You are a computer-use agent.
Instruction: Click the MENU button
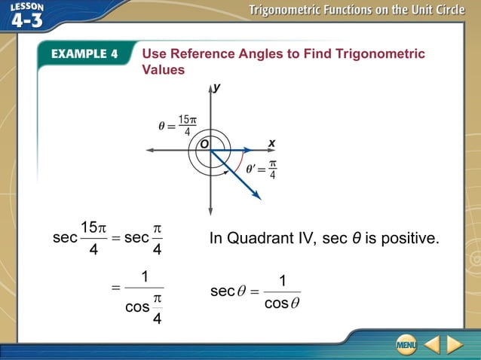point(406,345)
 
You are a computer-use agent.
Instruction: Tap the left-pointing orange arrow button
point(430,345)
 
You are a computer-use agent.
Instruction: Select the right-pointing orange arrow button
point(455,345)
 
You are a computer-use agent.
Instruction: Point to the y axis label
point(216,88)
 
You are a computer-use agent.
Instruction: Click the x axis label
point(271,142)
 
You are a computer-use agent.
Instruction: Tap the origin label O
point(204,143)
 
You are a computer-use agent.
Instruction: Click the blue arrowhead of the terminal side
point(256,195)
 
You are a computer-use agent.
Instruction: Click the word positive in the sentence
point(409,239)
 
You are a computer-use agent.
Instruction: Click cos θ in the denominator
point(283,304)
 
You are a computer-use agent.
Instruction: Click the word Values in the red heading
point(164,69)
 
